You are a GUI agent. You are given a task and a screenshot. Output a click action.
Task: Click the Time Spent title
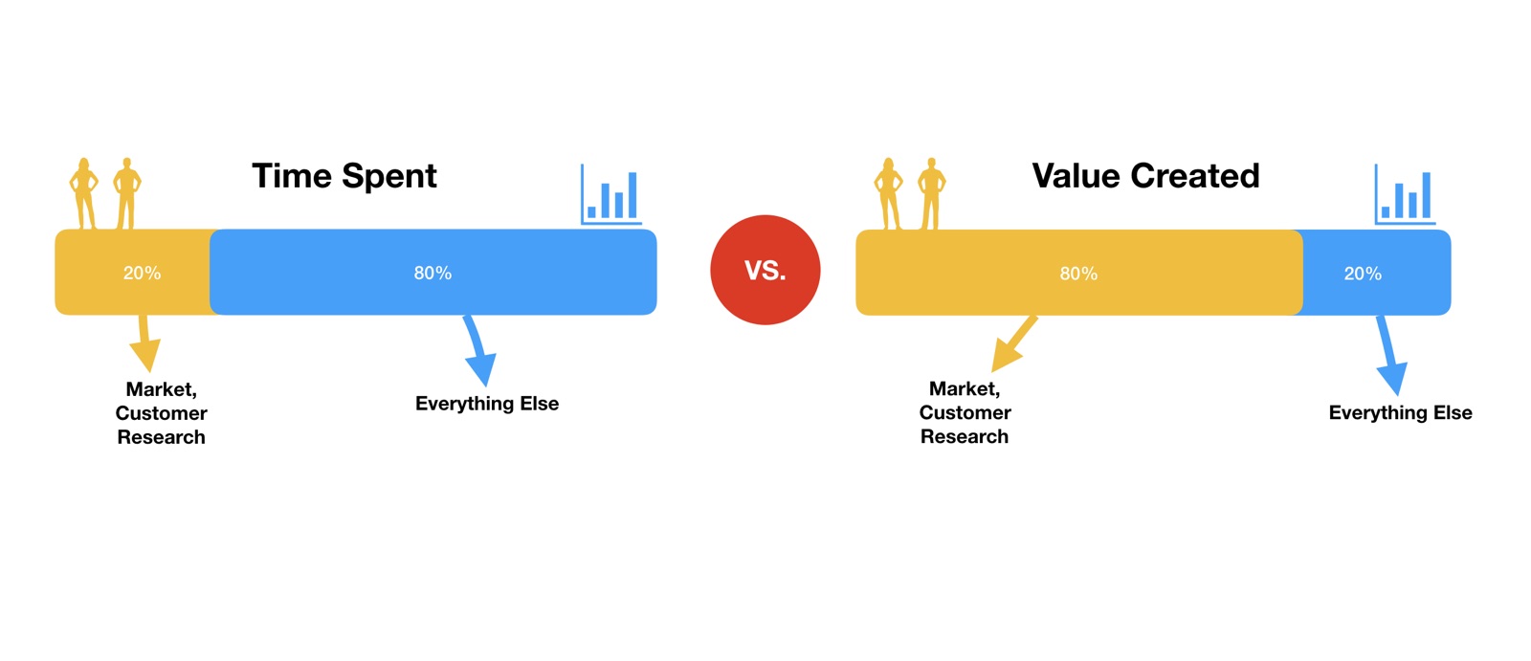click(344, 177)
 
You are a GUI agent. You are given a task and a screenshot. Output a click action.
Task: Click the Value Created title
click(1145, 176)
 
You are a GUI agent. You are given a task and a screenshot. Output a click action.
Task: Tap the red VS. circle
click(765, 270)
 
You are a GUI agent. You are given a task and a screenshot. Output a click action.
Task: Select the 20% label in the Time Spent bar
click(143, 274)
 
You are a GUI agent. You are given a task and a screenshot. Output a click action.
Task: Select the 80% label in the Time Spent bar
click(433, 274)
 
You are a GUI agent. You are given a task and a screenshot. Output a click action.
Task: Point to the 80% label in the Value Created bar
click(1078, 275)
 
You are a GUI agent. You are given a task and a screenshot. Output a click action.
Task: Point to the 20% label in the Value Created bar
click(1363, 275)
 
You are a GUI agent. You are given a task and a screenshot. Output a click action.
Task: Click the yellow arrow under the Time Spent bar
click(144, 343)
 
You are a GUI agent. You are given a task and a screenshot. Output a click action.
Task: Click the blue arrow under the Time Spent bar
click(479, 351)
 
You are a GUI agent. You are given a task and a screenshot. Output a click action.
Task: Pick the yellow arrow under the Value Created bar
click(1013, 343)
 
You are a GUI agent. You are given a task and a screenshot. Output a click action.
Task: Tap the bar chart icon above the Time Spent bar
click(611, 194)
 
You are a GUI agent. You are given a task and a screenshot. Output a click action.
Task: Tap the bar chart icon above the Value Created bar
click(1405, 194)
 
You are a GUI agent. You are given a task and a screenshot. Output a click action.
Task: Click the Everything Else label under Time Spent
click(487, 404)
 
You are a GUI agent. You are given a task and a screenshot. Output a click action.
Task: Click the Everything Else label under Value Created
click(1401, 413)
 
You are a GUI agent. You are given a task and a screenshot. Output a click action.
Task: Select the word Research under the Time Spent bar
click(162, 437)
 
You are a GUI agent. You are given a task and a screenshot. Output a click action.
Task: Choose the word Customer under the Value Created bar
click(965, 413)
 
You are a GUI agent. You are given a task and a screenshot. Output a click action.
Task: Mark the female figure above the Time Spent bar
click(84, 193)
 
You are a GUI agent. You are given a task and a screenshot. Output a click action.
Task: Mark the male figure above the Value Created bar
click(932, 193)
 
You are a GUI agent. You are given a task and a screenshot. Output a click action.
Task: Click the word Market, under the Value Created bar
click(965, 389)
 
